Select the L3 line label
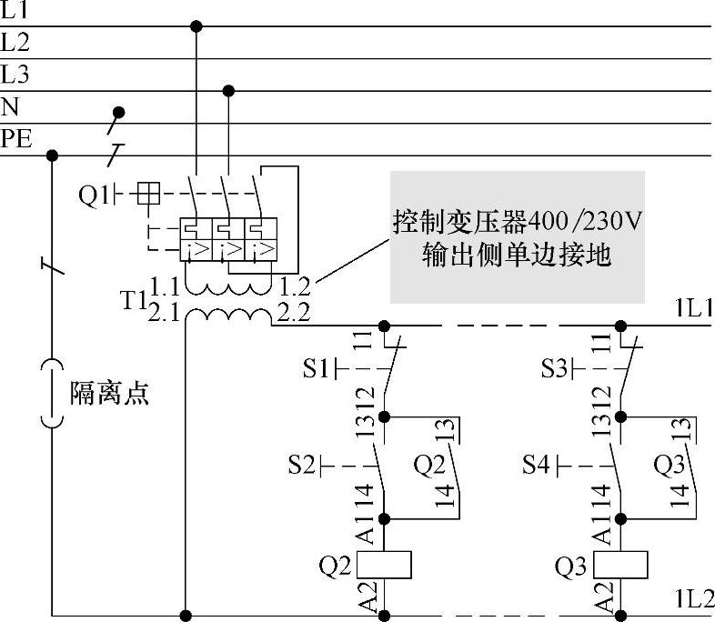pos(15,74)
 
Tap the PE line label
pos(17,139)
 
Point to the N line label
pos(10,107)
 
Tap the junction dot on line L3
pos(228,90)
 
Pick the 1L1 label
pos(693,309)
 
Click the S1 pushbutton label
pos(316,369)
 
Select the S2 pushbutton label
pos(303,466)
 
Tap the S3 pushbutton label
pos(555,369)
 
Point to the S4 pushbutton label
pos(537,466)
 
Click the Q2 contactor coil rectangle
pos(385,564)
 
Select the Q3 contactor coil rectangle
pos(621,564)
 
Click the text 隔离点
pos(109,393)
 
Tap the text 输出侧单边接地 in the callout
pos(516,256)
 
